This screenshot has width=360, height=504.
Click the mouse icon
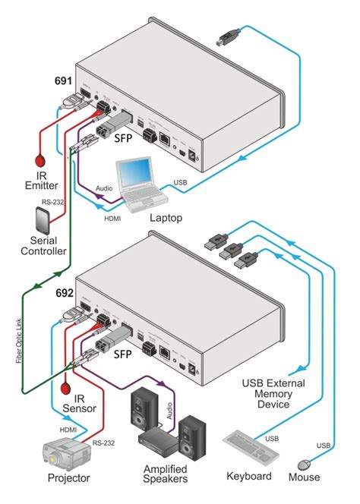[x=305, y=463]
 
